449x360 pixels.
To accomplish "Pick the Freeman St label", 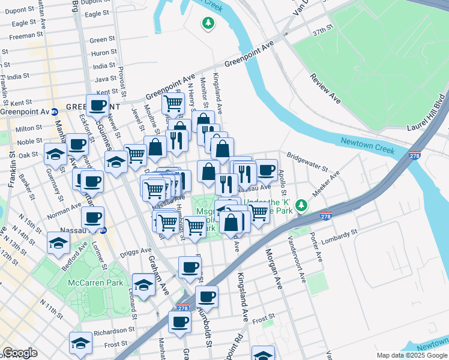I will click(22, 36).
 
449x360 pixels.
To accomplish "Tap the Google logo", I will click(20, 353).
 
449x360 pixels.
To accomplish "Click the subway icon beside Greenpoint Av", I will click(54, 112).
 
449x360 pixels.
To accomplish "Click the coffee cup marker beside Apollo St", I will click(266, 169).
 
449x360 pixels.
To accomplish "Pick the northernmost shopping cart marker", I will click(173, 103).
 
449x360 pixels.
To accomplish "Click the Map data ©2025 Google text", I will click(411, 355).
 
